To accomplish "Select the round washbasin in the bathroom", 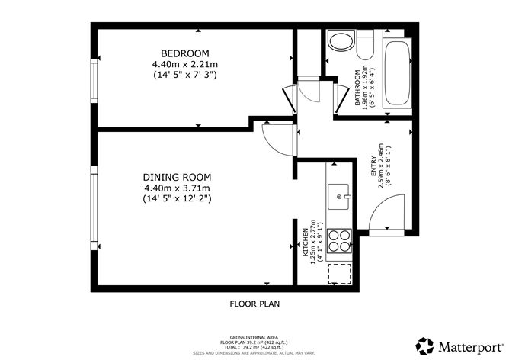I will click(x=337, y=40).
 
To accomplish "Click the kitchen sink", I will click(x=340, y=197).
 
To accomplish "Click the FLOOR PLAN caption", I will click(x=254, y=304).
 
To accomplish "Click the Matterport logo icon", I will click(x=423, y=344).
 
